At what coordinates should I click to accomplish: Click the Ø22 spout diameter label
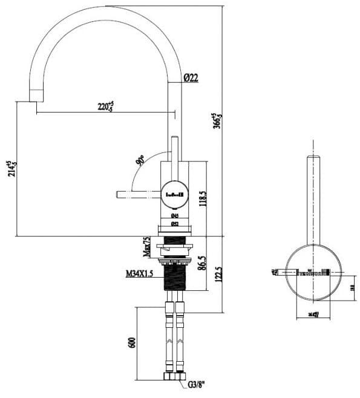(x=191, y=77)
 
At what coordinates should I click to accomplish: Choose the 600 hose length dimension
(x=131, y=342)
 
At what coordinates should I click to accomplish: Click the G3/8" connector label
(x=197, y=383)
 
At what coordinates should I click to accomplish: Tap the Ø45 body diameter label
(x=174, y=215)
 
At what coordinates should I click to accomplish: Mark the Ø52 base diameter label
(x=174, y=223)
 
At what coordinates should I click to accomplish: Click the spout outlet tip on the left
(x=36, y=96)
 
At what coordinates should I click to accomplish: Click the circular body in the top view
(x=313, y=272)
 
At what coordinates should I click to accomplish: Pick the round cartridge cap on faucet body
(x=175, y=194)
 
